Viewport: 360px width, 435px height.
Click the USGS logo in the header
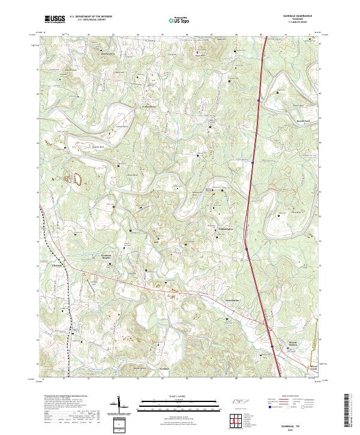coord(55,19)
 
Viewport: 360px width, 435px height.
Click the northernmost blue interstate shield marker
coord(257,100)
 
